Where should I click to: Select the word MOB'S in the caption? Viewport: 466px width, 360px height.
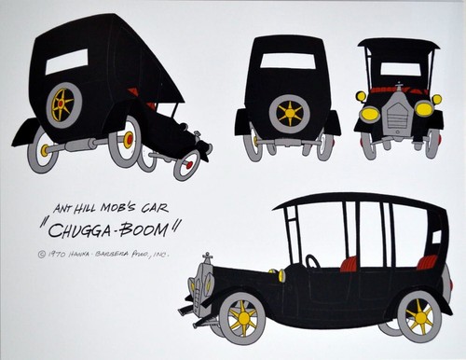pos(130,211)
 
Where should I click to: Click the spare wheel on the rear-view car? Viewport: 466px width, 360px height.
pos(290,113)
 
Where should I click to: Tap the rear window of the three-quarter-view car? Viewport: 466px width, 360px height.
pos(66,62)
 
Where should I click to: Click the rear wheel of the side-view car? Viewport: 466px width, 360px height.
pos(418,318)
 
